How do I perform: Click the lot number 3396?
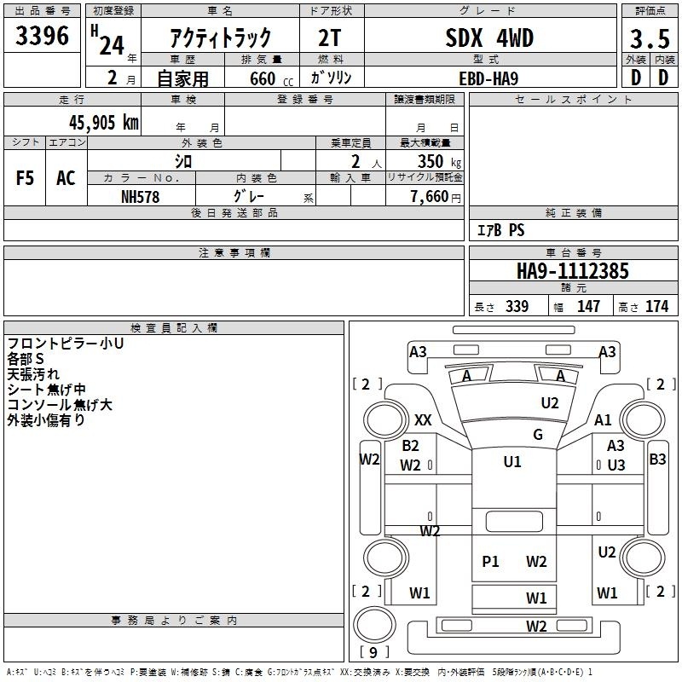[x=42, y=35]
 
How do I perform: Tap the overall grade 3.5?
[x=650, y=38]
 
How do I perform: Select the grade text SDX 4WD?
[x=489, y=38]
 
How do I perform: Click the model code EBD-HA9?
[x=488, y=78]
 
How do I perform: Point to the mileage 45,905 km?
[x=103, y=122]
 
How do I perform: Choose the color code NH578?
[x=140, y=197]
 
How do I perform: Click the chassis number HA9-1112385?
[x=572, y=271]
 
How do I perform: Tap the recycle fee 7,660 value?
[x=430, y=196]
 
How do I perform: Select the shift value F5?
[x=25, y=178]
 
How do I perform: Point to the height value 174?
[x=656, y=306]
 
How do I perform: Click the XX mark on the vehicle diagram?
[x=423, y=419]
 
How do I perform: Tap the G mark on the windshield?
[x=538, y=434]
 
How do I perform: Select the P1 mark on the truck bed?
[x=490, y=561]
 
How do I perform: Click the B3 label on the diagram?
[x=657, y=459]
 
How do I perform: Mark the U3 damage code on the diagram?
[x=616, y=465]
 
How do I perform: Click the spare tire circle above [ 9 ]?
[x=374, y=624]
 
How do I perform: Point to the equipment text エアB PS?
[x=500, y=229]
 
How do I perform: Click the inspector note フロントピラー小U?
[x=66, y=344]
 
